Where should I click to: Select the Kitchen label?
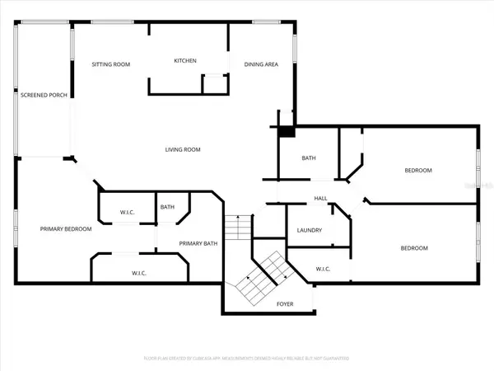[184, 61]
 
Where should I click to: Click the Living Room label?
[183, 149]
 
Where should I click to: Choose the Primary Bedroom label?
[66, 229]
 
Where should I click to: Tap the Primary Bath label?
[198, 243]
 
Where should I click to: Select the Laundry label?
[309, 230]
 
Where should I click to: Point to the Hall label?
[321, 199]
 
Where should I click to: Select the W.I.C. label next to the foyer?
[324, 269]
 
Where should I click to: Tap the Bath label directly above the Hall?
[309, 158]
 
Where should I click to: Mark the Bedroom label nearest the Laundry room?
[414, 248]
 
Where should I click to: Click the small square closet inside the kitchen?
[215, 85]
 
